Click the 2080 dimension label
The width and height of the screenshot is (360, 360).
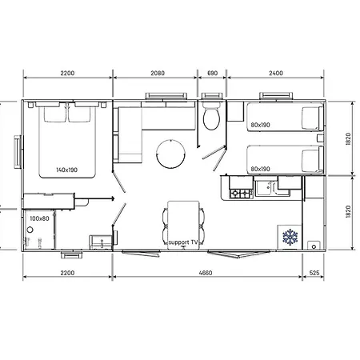click(x=157, y=73)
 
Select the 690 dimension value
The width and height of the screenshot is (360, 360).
click(x=212, y=73)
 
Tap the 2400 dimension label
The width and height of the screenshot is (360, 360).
click(x=275, y=73)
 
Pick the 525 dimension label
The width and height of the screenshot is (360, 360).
click(x=316, y=273)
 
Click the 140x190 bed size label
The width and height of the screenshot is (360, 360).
click(x=66, y=170)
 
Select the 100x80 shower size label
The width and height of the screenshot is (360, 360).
click(x=39, y=218)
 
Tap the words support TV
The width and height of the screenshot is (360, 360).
click(x=182, y=241)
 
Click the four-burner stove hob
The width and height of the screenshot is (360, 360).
click(x=240, y=193)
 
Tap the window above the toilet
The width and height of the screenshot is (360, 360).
click(x=213, y=98)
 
